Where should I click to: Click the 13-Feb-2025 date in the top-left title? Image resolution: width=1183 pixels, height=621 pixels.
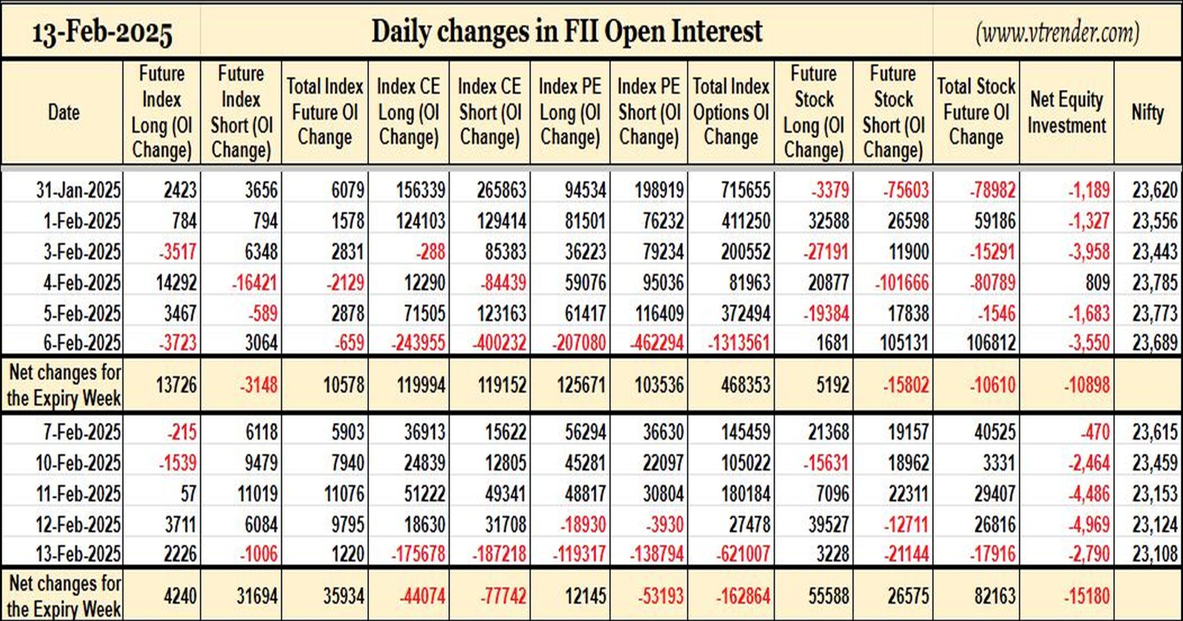point(102,33)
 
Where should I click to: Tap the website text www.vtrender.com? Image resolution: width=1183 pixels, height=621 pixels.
point(1058,33)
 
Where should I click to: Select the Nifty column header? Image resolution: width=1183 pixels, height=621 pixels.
point(1148,112)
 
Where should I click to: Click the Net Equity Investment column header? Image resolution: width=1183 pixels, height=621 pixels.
point(1066,112)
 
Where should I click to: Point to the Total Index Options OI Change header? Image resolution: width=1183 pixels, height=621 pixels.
point(731,112)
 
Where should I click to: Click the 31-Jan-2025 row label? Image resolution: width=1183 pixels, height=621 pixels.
point(78,190)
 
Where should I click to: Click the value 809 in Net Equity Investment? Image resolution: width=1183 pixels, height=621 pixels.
point(1097,282)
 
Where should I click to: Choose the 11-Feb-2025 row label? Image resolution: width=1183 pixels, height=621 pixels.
point(78,493)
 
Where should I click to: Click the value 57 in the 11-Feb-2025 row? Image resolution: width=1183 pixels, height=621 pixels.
point(188,493)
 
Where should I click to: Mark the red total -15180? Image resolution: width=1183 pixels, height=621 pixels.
point(1087,596)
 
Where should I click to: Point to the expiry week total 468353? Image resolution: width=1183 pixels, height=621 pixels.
point(745,385)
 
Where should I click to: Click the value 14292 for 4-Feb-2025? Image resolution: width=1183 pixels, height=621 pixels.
point(176,282)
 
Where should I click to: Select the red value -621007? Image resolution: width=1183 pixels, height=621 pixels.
point(743,554)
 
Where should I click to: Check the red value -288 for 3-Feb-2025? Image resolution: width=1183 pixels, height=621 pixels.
point(430,251)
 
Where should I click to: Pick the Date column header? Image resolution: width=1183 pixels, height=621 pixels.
point(63,112)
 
